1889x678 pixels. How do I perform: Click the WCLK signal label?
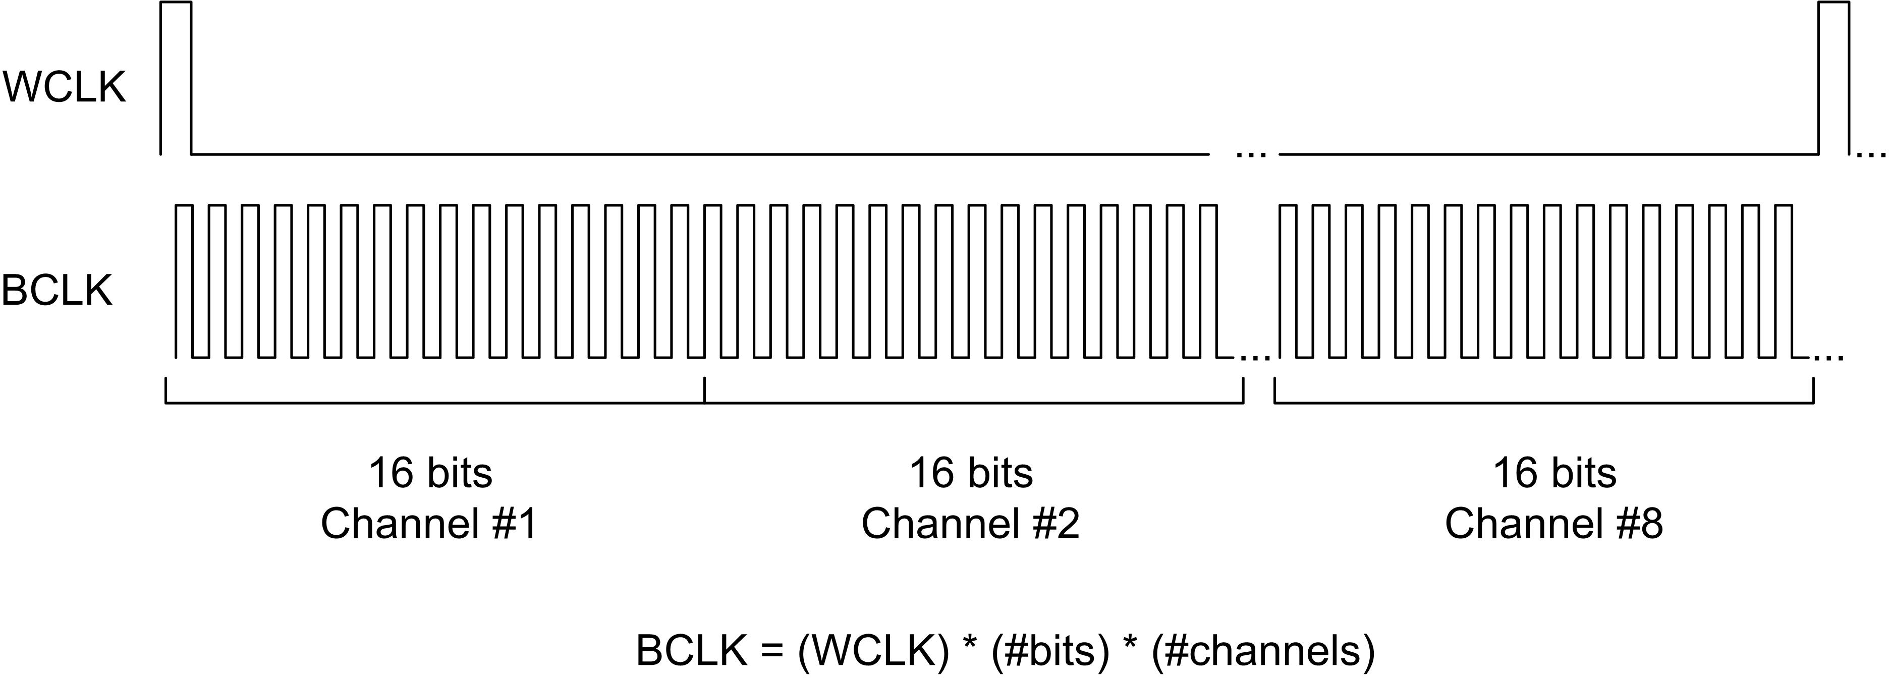(x=65, y=88)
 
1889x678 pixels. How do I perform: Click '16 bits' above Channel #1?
(x=430, y=473)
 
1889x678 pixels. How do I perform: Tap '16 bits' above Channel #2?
(x=971, y=473)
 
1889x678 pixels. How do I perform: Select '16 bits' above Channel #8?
(x=1554, y=473)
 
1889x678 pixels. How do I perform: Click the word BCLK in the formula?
(x=692, y=650)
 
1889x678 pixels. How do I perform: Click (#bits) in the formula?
(x=1050, y=650)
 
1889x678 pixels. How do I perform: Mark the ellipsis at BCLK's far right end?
(x=1827, y=358)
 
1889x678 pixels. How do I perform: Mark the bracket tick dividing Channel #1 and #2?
(x=705, y=390)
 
